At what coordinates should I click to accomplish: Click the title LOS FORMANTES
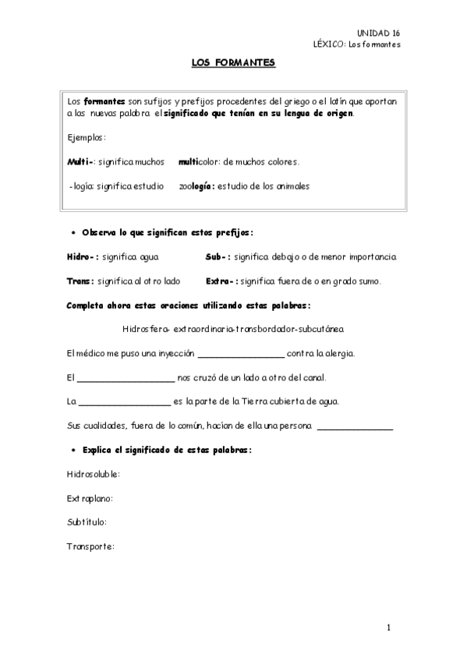coord(233,65)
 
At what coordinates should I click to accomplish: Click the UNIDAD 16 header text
coord(378,33)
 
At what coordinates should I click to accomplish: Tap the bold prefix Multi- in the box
coord(80,163)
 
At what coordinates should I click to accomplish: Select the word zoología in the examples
coord(196,186)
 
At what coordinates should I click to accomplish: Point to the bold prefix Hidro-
coord(83,256)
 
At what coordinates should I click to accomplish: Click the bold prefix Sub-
coord(218,256)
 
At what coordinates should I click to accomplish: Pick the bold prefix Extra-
coord(221,281)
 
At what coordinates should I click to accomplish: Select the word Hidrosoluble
coord(94,475)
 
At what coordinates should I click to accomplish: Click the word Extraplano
coord(90,498)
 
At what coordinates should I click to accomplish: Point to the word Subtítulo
coord(87,522)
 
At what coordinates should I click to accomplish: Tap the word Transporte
coord(90,546)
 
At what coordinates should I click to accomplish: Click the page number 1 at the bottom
coord(387,627)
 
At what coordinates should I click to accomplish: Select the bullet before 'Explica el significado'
coord(72,451)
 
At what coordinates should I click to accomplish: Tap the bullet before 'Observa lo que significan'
coord(72,233)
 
